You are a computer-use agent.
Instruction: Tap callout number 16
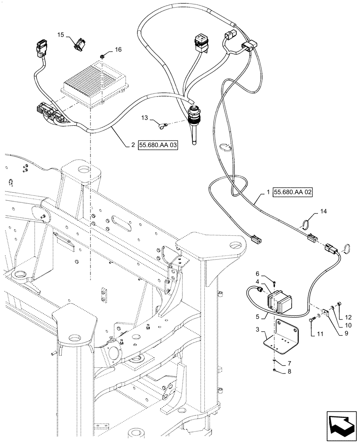(x=118, y=50)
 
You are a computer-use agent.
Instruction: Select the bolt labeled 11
(x=316, y=318)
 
